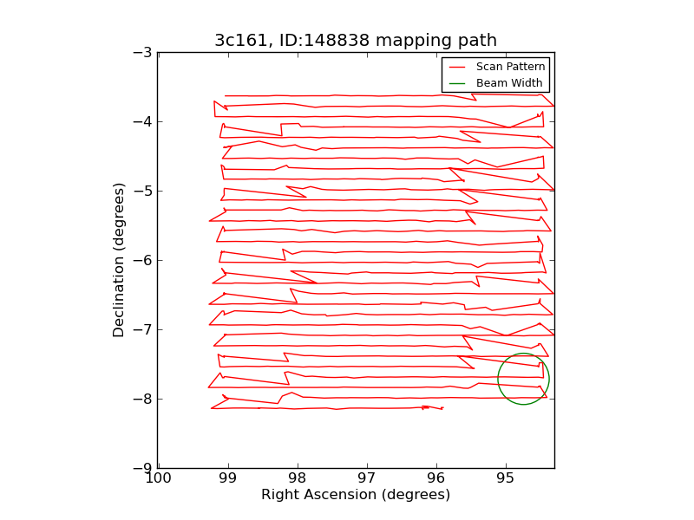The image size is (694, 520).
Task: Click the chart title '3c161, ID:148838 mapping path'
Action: (356, 41)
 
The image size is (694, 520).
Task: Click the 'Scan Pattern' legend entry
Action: (510, 67)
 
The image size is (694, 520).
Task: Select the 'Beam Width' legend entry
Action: (509, 83)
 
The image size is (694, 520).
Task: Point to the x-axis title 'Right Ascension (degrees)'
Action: (356, 495)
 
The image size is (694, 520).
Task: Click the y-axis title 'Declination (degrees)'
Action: (119, 260)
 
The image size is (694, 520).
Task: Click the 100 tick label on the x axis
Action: (159, 478)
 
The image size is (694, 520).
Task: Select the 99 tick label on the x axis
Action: (228, 478)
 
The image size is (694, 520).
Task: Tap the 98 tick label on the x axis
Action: (298, 478)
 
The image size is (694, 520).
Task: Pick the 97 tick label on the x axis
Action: (367, 478)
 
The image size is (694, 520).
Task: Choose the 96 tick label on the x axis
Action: (436, 478)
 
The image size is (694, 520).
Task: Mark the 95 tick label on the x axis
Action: (506, 478)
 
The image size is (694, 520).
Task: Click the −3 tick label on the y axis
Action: (143, 52)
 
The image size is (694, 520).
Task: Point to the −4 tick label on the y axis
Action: (143, 121)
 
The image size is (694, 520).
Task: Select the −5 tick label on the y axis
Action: (143, 191)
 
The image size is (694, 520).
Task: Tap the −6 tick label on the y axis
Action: (143, 260)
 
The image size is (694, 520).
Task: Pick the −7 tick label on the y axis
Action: (143, 329)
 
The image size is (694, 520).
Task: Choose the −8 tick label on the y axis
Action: (143, 399)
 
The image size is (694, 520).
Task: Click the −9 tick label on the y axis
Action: (143, 468)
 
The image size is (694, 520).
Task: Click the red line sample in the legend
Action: (457, 67)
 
